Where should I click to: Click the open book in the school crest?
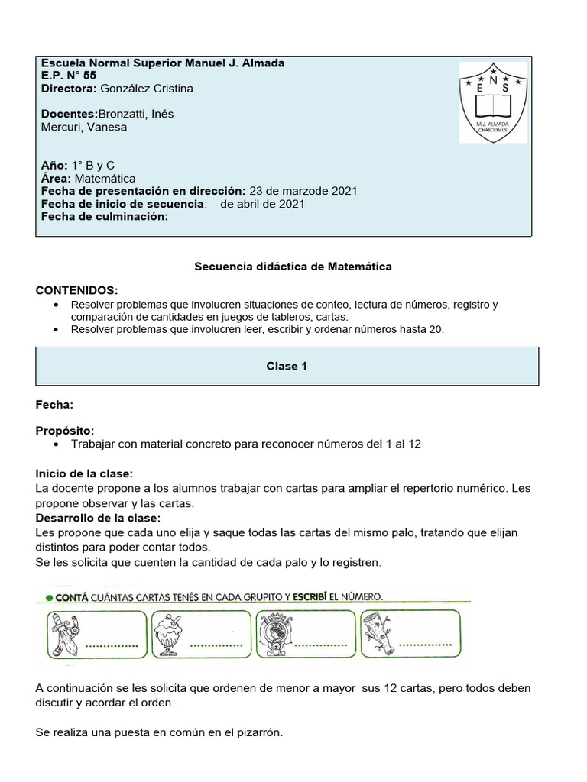point(492,103)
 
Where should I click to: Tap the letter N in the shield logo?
point(493,80)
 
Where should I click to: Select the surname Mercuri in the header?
point(62,127)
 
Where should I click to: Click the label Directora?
point(69,88)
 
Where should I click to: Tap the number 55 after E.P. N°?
point(89,75)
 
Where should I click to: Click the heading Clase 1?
point(287,366)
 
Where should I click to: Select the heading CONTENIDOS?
point(76,290)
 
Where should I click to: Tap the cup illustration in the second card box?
point(167,634)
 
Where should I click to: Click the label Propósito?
point(65,430)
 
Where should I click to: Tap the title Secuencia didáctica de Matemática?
point(293,267)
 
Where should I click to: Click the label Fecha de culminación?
point(103,216)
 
